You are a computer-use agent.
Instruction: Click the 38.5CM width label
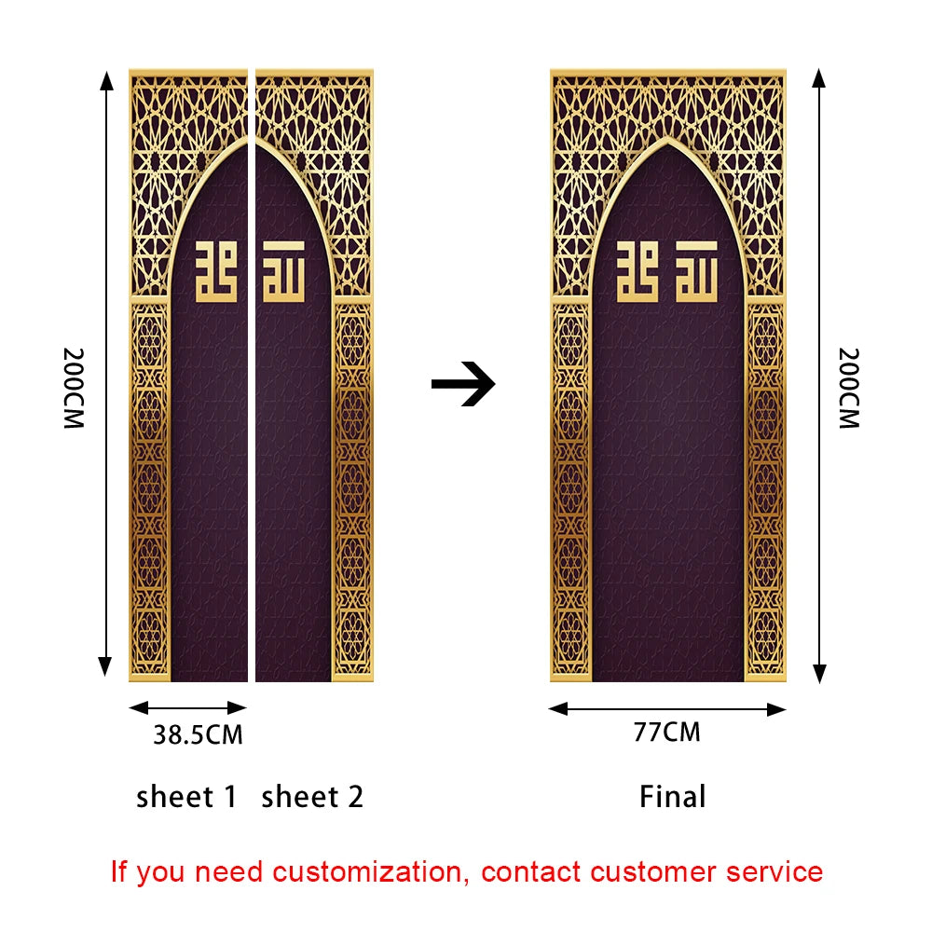click(x=198, y=735)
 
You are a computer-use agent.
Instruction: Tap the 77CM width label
click(x=666, y=733)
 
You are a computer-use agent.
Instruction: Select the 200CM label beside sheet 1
click(x=74, y=388)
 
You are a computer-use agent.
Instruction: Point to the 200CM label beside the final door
click(x=848, y=388)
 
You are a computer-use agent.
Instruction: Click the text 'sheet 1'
click(x=186, y=797)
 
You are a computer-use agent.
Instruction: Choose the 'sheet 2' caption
click(x=312, y=797)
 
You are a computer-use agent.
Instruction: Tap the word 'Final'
click(x=673, y=797)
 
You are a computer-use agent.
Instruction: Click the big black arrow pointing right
click(x=463, y=383)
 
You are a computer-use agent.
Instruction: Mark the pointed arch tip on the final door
click(x=668, y=140)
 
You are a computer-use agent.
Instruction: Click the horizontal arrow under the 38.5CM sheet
click(x=187, y=708)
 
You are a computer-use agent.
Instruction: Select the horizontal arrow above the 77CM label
click(x=667, y=709)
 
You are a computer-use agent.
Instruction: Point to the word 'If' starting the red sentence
click(x=119, y=872)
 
